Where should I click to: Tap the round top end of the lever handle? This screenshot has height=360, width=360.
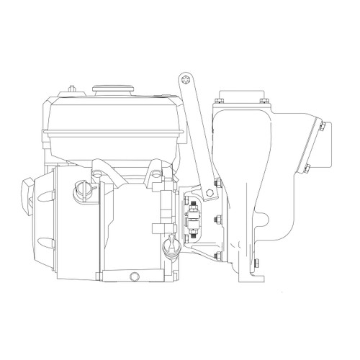(x=186, y=80)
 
